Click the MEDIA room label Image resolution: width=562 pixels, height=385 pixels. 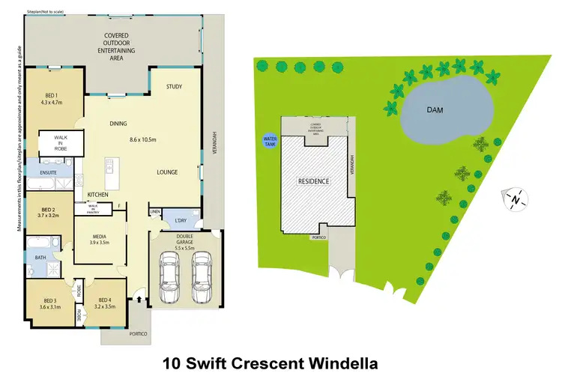point(100,238)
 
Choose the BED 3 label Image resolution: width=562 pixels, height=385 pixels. point(47,303)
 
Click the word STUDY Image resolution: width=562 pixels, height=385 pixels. point(175,86)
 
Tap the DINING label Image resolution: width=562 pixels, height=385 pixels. point(118,124)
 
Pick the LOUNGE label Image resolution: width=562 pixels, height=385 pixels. point(166,172)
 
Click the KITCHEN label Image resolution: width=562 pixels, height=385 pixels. point(97,195)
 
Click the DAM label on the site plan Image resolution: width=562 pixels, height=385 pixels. point(435,110)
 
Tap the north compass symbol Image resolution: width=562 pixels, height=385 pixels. point(516,198)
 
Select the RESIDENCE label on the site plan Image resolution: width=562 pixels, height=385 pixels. point(314,181)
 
